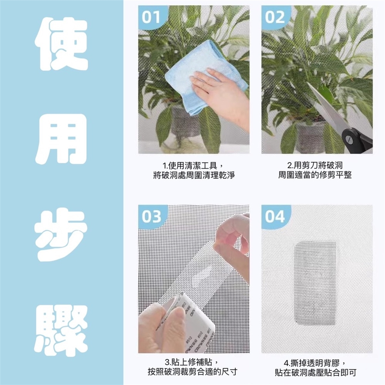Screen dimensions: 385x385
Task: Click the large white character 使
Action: coord(61,44)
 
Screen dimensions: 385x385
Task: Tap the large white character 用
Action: coord(61,139)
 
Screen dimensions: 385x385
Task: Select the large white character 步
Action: coord(61,235)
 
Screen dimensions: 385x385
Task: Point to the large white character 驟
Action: coord(61,330)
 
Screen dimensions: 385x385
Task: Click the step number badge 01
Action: coord(151,17)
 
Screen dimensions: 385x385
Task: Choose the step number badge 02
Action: coord(274,17)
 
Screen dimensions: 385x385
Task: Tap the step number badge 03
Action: coord(151,217)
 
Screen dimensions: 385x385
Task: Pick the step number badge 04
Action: coord(274,217)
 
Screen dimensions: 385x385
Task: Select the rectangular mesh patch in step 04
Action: coord(315,283)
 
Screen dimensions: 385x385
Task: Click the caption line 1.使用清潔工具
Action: coord(193,166)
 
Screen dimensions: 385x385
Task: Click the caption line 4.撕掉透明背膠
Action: coord(315,363)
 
